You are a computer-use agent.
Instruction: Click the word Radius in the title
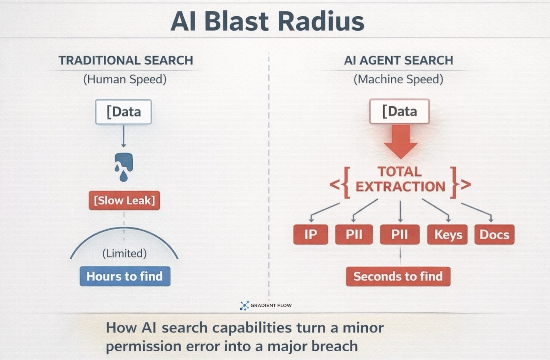(321, 21)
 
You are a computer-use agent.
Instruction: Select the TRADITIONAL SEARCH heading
(126, 60)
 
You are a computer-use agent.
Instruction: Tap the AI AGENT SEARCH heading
(398, 60)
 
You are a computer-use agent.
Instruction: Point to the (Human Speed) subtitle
(125, 79)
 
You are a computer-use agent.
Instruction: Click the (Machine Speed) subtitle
(398, 79)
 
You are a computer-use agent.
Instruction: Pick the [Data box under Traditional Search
(123, 112)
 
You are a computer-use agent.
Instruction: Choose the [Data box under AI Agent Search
(399, 111)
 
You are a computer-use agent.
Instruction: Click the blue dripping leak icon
(124, 166)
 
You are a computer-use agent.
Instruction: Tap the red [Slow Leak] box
(124, 200)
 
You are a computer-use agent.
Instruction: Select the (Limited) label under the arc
(124, 253)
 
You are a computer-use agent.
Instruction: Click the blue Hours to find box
(125, 276)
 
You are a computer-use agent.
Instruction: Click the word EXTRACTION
(400, 187)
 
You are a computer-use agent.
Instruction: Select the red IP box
(311, 234)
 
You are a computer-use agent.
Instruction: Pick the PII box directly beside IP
(354, 234)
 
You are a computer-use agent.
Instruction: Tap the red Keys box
(448, 234)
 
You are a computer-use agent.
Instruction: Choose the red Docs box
(494, 234)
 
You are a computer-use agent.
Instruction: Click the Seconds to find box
(398, 276)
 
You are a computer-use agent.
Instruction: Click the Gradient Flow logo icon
(245, 305)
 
